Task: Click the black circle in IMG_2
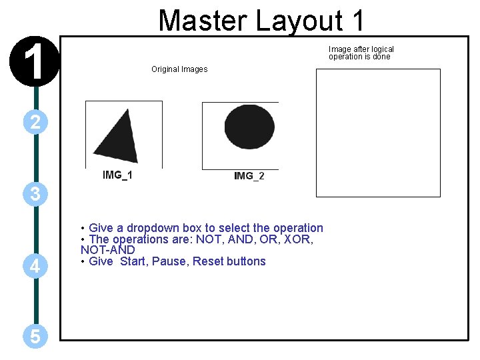(249, 126)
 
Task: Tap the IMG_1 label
(117, 175)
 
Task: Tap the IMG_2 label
(249, 176)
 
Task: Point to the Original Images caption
(179, 69)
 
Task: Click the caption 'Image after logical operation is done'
(361, 53)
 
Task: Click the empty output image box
(378, 133)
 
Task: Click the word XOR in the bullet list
(300, 239)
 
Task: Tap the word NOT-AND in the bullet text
(107, 250)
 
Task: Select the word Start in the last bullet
(133, 261)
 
